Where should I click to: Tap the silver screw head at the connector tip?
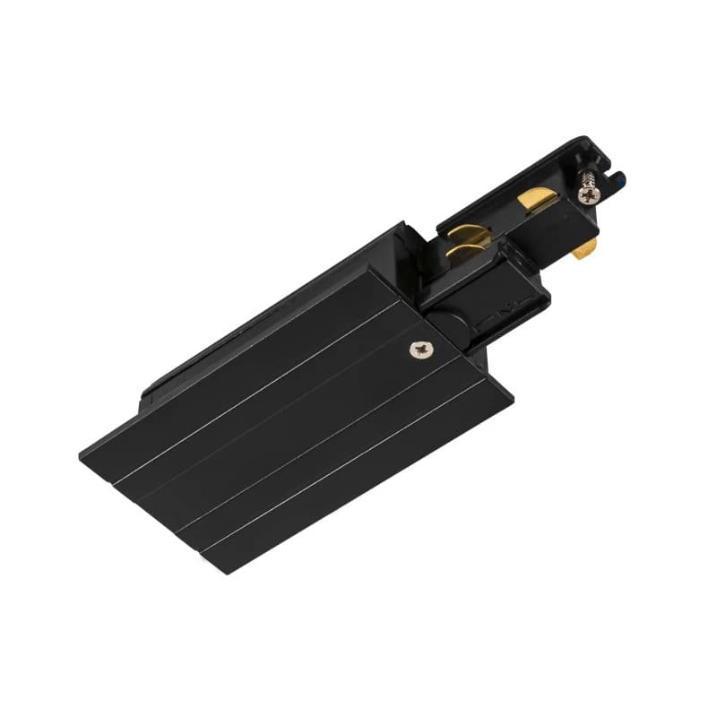[587, 194]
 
